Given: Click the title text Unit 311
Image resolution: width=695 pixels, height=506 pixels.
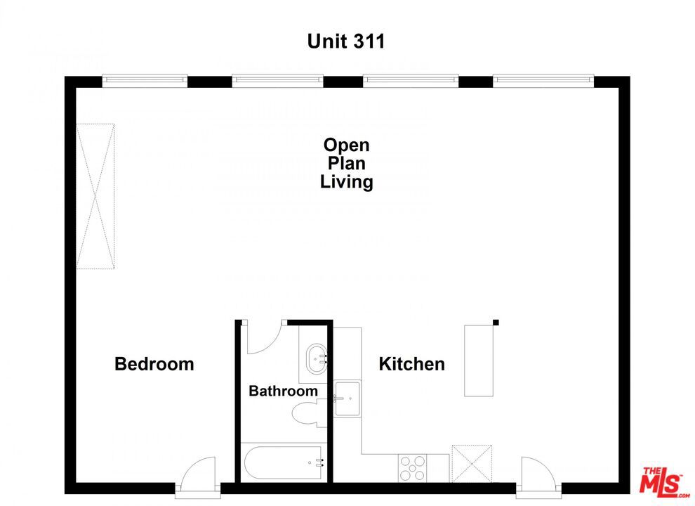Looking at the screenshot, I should [x=346, y=41].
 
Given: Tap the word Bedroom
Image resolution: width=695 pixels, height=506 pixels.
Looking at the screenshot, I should [x=154, y=364].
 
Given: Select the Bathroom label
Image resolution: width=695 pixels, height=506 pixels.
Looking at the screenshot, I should [x=283, y=391].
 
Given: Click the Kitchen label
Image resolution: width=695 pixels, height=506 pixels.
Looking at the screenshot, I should [x=411, y=364].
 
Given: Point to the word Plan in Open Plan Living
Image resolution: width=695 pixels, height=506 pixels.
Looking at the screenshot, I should [x=346, y=164].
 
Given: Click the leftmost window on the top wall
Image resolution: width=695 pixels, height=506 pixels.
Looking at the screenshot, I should [x=145, y=81].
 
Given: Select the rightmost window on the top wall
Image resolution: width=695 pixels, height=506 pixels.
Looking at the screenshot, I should [x=543, y=81].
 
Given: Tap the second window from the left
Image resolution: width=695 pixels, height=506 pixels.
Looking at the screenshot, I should [x=277, y=81].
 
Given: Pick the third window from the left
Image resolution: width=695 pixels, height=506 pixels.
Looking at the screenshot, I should [x=411, y=81].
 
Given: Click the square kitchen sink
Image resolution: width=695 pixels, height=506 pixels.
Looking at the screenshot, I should [x=347, y=398].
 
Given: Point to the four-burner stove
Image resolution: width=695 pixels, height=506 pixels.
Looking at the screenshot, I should [x=413, y=467].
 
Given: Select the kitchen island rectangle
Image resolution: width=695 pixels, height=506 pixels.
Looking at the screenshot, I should [x=478, y=361].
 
